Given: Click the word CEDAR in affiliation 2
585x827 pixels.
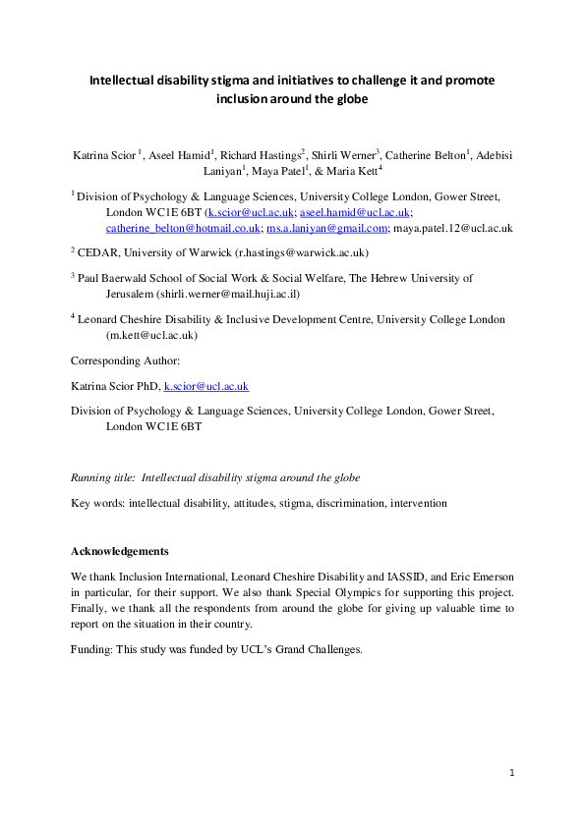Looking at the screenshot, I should point(98,251).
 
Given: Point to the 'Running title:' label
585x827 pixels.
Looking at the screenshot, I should point(103,477).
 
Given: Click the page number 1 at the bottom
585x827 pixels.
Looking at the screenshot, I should point(512,774).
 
